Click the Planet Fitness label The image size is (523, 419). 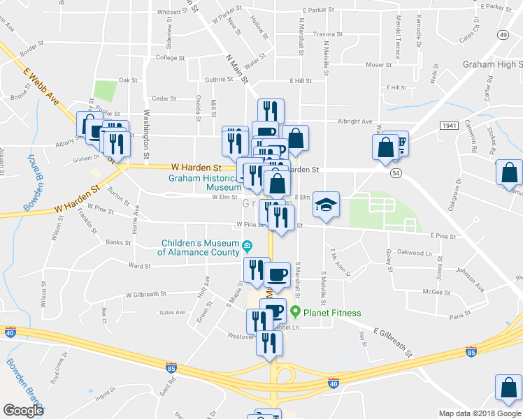tap(332, 312)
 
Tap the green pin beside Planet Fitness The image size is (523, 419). tap(296, 312)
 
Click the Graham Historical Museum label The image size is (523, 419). tap(204, 182)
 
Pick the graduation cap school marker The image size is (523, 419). tap(326, 205)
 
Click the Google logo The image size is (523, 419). tap(23, 410)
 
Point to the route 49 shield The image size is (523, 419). tap(503, 34)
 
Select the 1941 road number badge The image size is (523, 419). tap(449, 125)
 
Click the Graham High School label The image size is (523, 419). tap(492, 65)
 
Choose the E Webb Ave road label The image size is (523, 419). tap(43, 81)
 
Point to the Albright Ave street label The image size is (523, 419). tap(356, 121)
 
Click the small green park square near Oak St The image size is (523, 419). tap(106, 91)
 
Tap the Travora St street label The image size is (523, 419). tap(328, 34)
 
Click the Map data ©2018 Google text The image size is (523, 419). tap(480, 413)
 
